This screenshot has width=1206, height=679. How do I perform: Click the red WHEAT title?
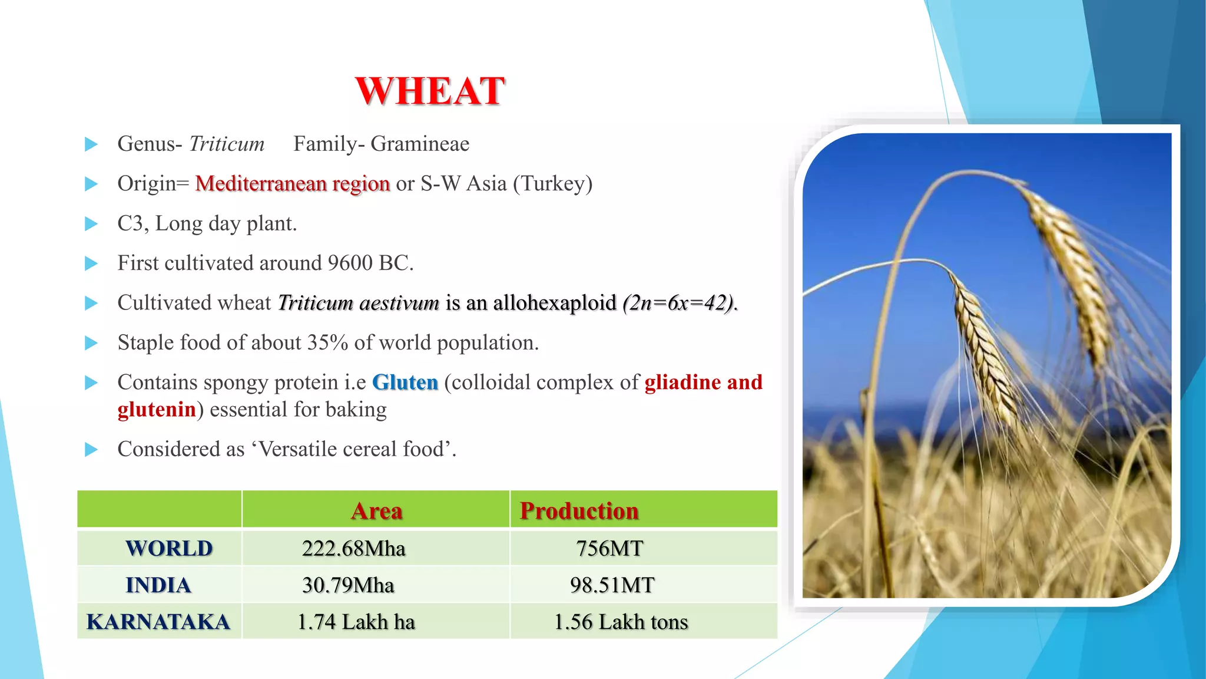(430, 91)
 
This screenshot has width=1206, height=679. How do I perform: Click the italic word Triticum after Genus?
(227, 144)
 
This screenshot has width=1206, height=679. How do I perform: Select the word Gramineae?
(420, 144)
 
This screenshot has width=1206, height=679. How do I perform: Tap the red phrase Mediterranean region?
(292, 183)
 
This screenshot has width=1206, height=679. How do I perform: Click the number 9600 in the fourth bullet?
(350, 263)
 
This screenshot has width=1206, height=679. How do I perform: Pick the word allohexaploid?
(554, 303)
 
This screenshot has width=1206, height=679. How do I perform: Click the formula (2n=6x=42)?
(679, 303)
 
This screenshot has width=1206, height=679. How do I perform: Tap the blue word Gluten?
(405, 383)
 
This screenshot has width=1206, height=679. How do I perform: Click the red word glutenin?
(157, 409)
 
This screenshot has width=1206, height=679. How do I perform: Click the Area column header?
(376, 510)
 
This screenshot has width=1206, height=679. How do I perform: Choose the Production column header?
(579, 510)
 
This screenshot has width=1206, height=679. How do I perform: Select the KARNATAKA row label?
(158, 622)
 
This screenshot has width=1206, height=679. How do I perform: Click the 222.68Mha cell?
(353, 549)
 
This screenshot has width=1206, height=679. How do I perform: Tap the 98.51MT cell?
(612, 585)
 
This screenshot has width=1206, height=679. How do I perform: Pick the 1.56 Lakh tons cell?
(621, 622)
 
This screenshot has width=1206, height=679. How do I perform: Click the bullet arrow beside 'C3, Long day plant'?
(91, 224)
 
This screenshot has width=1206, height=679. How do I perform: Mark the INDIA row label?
(158, 585)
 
